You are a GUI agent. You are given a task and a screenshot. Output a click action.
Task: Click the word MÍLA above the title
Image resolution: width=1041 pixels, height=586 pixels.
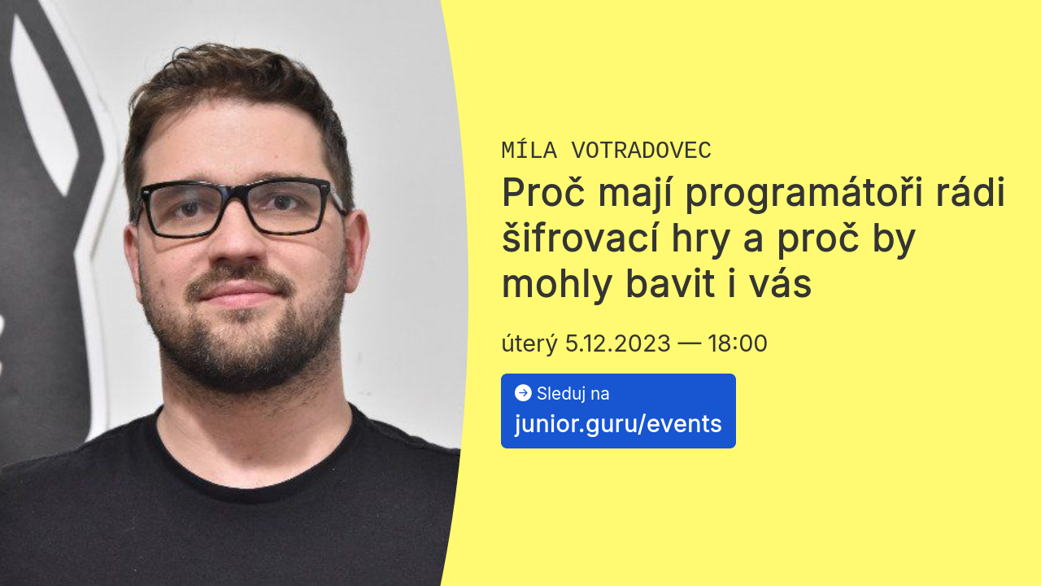pyautogui.click(x=529, y=150)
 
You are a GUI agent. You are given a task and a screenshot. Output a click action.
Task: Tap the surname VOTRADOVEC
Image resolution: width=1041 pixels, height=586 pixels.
pyautogui.click(x=642, y=151)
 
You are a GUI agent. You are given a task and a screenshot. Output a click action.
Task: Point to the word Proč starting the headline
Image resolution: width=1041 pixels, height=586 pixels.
pyautogui.click(x=542, y=191)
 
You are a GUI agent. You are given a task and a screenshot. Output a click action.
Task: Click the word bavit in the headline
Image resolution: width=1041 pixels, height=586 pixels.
pyautogui.click(x=671, y=284)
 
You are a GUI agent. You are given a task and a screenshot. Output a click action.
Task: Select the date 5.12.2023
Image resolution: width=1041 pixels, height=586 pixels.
pyautogui.click(x=617, y=343)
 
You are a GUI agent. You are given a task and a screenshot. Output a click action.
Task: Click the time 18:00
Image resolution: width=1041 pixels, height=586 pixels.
pyautogui.click(x=738, y=343)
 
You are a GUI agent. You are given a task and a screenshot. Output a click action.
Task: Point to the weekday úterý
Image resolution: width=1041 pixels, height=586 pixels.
pyautogui.click(x=529, y=344)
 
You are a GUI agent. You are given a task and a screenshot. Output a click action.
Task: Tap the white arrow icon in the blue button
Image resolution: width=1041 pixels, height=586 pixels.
pyautogui.click(x=523, y=392)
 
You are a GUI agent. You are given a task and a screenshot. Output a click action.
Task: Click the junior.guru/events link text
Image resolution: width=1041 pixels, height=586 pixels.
pyautogui.click(x=618, y=424)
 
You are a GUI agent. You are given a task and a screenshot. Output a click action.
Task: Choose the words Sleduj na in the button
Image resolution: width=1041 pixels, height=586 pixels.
pyautogui.click(x=573, y=393)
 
